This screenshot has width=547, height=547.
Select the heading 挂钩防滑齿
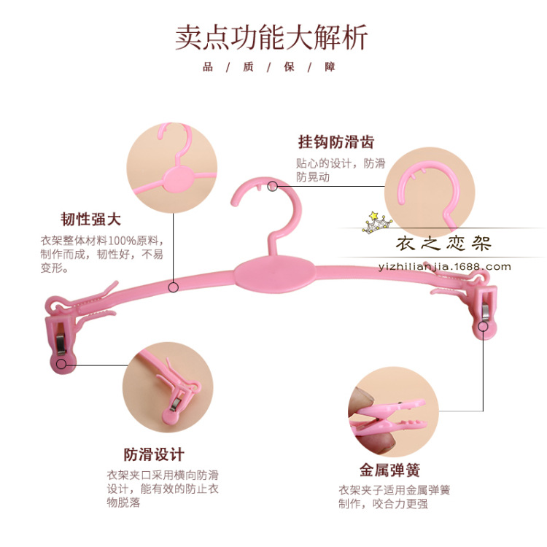coord(335,142)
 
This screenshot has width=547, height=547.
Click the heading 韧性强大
coord(90,219)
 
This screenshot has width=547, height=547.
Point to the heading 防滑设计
coord(154,454)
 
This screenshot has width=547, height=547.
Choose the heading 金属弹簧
coord(389,470)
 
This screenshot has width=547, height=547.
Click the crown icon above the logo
coord(377,221)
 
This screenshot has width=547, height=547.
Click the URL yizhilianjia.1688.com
coord(446,266)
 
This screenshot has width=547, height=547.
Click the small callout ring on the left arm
coord(174,287)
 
